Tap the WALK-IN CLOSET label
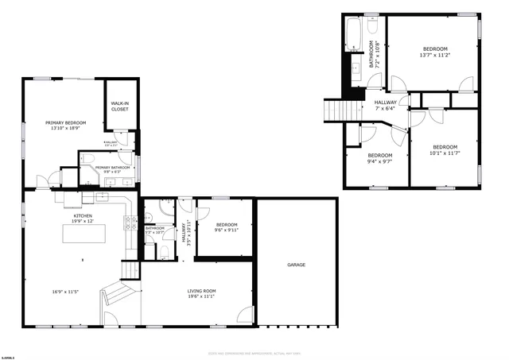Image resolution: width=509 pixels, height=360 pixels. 119,106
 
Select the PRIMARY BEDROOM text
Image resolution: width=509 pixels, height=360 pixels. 65,122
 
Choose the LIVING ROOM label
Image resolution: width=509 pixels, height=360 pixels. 201,291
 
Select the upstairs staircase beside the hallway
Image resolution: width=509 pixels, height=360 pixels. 336,110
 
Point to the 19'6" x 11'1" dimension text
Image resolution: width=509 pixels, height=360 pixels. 201,297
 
